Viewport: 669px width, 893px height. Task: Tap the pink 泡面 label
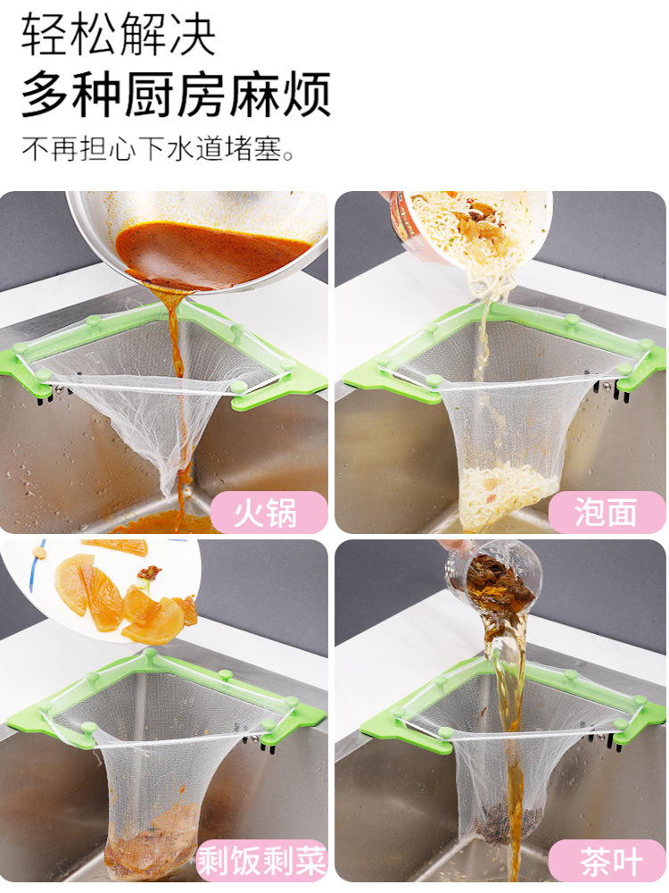[x=607, y=512]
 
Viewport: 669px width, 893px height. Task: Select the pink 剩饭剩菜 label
[x=261, y=860]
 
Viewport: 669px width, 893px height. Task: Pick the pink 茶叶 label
[x=607, y=860]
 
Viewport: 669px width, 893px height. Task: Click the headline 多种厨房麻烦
[x=177, y=94]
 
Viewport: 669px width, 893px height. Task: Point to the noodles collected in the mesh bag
[x=507, y=495]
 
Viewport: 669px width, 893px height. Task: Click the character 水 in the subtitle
[x=180, y=149]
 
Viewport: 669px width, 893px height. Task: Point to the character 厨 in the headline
[x=151, y=95]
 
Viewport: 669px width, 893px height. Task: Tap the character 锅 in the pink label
[x=282, y=513]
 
